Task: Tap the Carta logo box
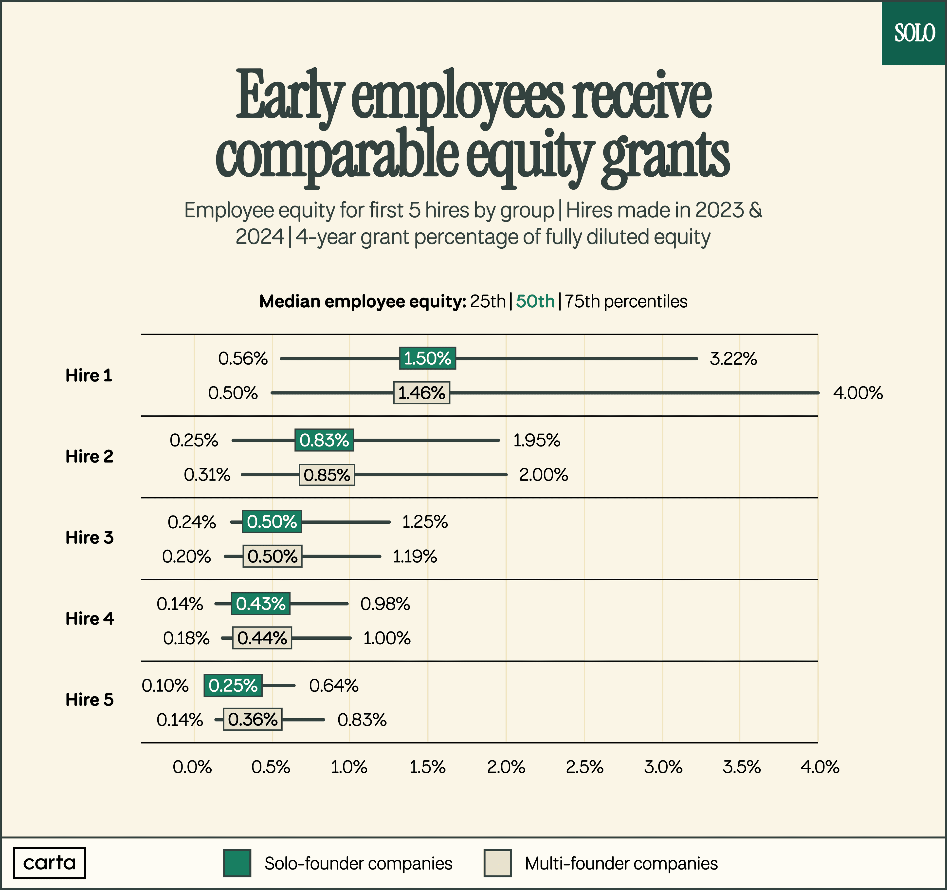pyautogui.click(x=50, y=863)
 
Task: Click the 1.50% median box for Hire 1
pyautogui.click(x=427, y=358)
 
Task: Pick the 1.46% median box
pyautogui.click(x=421, y=393)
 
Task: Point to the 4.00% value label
pyautogui.click(x=857, y=393)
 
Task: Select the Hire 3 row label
pyautogui.click(x=90, y=538)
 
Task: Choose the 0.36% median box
pyautogui.click(x=253, y=720)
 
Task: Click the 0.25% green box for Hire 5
pyautogui.click(x=233, y=686)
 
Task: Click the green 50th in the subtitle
pyautogui.click(x=535, y=302)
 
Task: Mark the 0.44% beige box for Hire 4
pyautogui.click(x=262, y=638)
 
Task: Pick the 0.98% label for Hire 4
pyautogui.click(x=385, y=604)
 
